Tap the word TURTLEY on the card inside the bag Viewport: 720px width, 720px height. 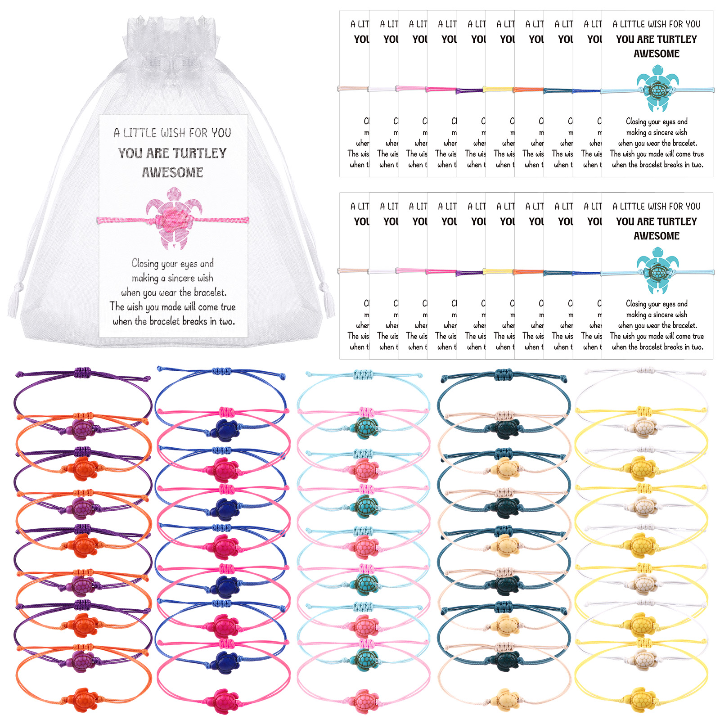point(198,153)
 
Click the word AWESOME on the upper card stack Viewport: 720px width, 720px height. point(657,54)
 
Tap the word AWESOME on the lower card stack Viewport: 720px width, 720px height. point(657,236)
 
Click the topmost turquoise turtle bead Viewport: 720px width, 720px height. point(364,428)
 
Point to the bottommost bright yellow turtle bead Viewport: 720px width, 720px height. point(640,700)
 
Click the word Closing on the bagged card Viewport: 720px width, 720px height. point(144,263)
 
